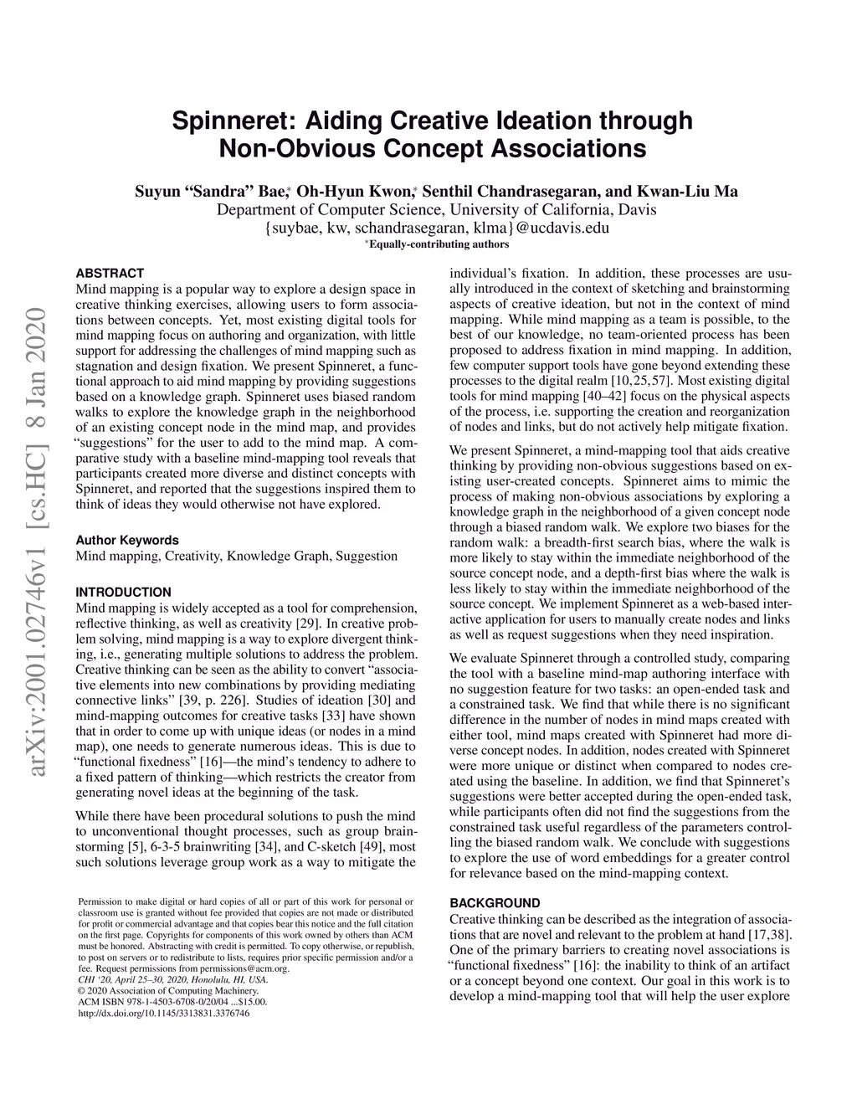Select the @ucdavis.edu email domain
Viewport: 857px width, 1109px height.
tap(561, 227)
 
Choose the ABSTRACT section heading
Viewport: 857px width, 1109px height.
tap(110, 273)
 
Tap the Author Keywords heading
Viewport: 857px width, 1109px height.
tap(127, 540)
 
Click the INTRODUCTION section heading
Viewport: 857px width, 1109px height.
tap(123, 592)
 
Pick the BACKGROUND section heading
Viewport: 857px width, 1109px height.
tap(495, 903)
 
